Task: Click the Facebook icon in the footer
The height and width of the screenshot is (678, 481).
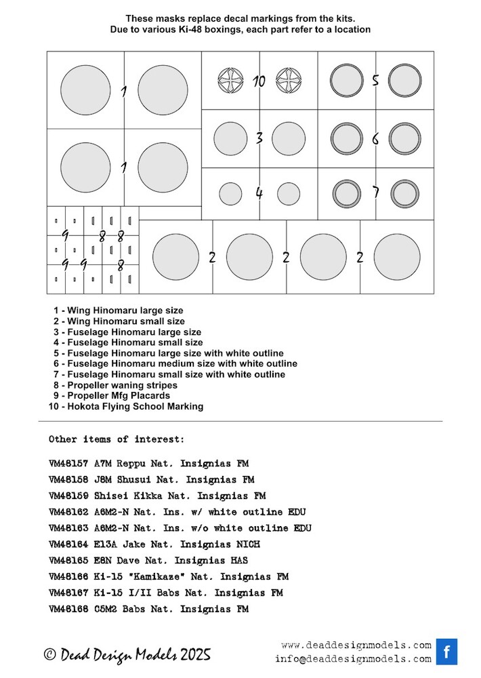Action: [446, 652]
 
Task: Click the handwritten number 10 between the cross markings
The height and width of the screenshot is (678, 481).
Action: [259, 81]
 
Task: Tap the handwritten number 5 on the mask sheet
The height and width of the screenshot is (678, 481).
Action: [375, 81]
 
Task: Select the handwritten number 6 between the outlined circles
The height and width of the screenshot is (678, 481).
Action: [375, 139]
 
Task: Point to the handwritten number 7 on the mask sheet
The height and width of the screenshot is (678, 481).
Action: [375, 193]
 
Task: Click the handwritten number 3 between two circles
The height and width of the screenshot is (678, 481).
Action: [259, 138]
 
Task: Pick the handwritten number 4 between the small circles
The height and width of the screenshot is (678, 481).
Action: [259, 193]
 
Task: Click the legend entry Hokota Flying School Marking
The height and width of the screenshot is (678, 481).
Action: [128, 406]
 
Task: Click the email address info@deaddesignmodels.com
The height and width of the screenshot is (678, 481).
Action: [353, 658]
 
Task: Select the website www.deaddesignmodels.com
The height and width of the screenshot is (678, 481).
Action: [356, 645]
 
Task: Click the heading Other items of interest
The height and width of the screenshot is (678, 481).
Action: [116, 439]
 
